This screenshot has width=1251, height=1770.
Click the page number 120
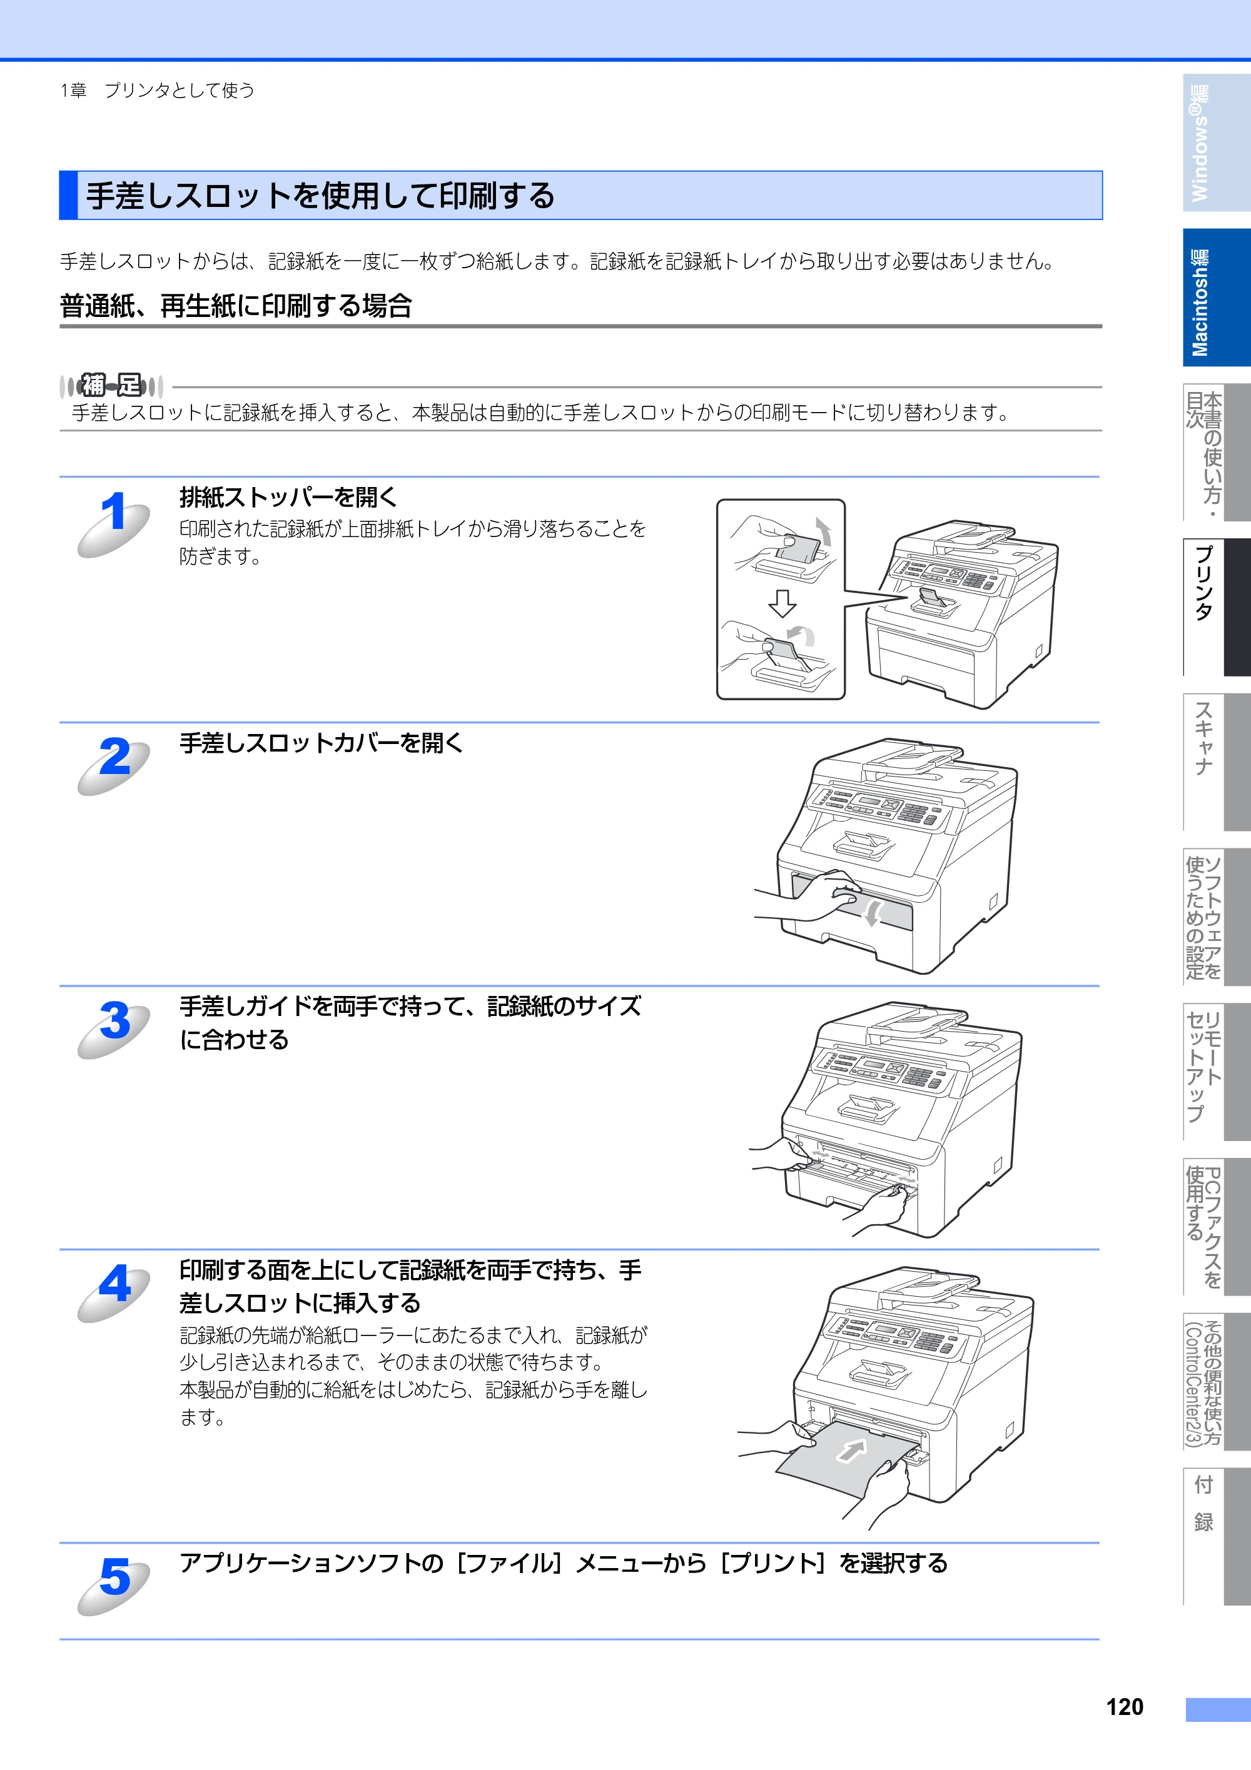1125,1707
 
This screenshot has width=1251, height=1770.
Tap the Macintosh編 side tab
1217,298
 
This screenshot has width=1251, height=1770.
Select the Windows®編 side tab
1217,143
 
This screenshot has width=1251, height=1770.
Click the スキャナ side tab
1217,762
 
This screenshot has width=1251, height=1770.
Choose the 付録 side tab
1217,1536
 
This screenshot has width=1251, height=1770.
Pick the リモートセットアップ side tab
1217,1072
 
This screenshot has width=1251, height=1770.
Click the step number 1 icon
114,522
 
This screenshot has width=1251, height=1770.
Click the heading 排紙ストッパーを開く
288,497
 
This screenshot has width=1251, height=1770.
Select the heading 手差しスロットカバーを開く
322,743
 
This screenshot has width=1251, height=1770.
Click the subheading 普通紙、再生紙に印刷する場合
236,306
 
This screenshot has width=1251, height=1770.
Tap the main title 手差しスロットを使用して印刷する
320,196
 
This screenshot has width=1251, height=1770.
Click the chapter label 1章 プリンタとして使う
158,90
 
